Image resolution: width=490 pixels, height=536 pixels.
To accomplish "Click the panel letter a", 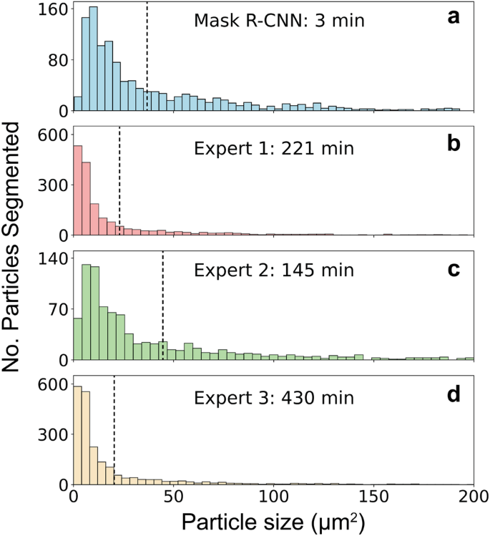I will click(x=454, y=19).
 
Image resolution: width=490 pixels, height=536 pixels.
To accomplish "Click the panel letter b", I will click(x=454, y=142).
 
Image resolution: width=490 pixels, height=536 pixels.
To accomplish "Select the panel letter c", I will click(x=454, y=267).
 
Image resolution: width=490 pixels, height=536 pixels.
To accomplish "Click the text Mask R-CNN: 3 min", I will click(x=280, y=21).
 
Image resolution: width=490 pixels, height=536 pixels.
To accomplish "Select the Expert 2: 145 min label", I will click(x=275, y=272).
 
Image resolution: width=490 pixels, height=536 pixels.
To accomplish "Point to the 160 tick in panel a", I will click(x=54, y=10).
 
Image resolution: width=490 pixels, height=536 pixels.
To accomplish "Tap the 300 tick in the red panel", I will click(x=54, y=185).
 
